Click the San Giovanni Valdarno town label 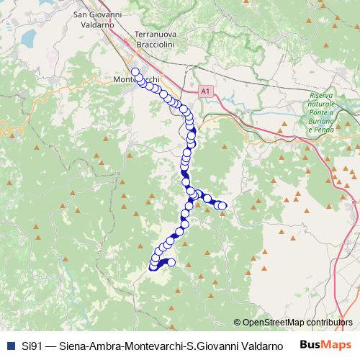(x=106, y=19)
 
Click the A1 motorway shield (x=207, y=91)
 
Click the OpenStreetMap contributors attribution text (x=292, y=323)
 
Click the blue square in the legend (x=9, y=346)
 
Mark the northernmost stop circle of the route (x=135, y=71)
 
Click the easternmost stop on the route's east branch (x=222, y=207)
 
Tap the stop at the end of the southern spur (x=171, y=262)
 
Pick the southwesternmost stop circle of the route (x=153, y=267)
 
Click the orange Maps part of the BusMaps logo (x=336, y=345)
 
